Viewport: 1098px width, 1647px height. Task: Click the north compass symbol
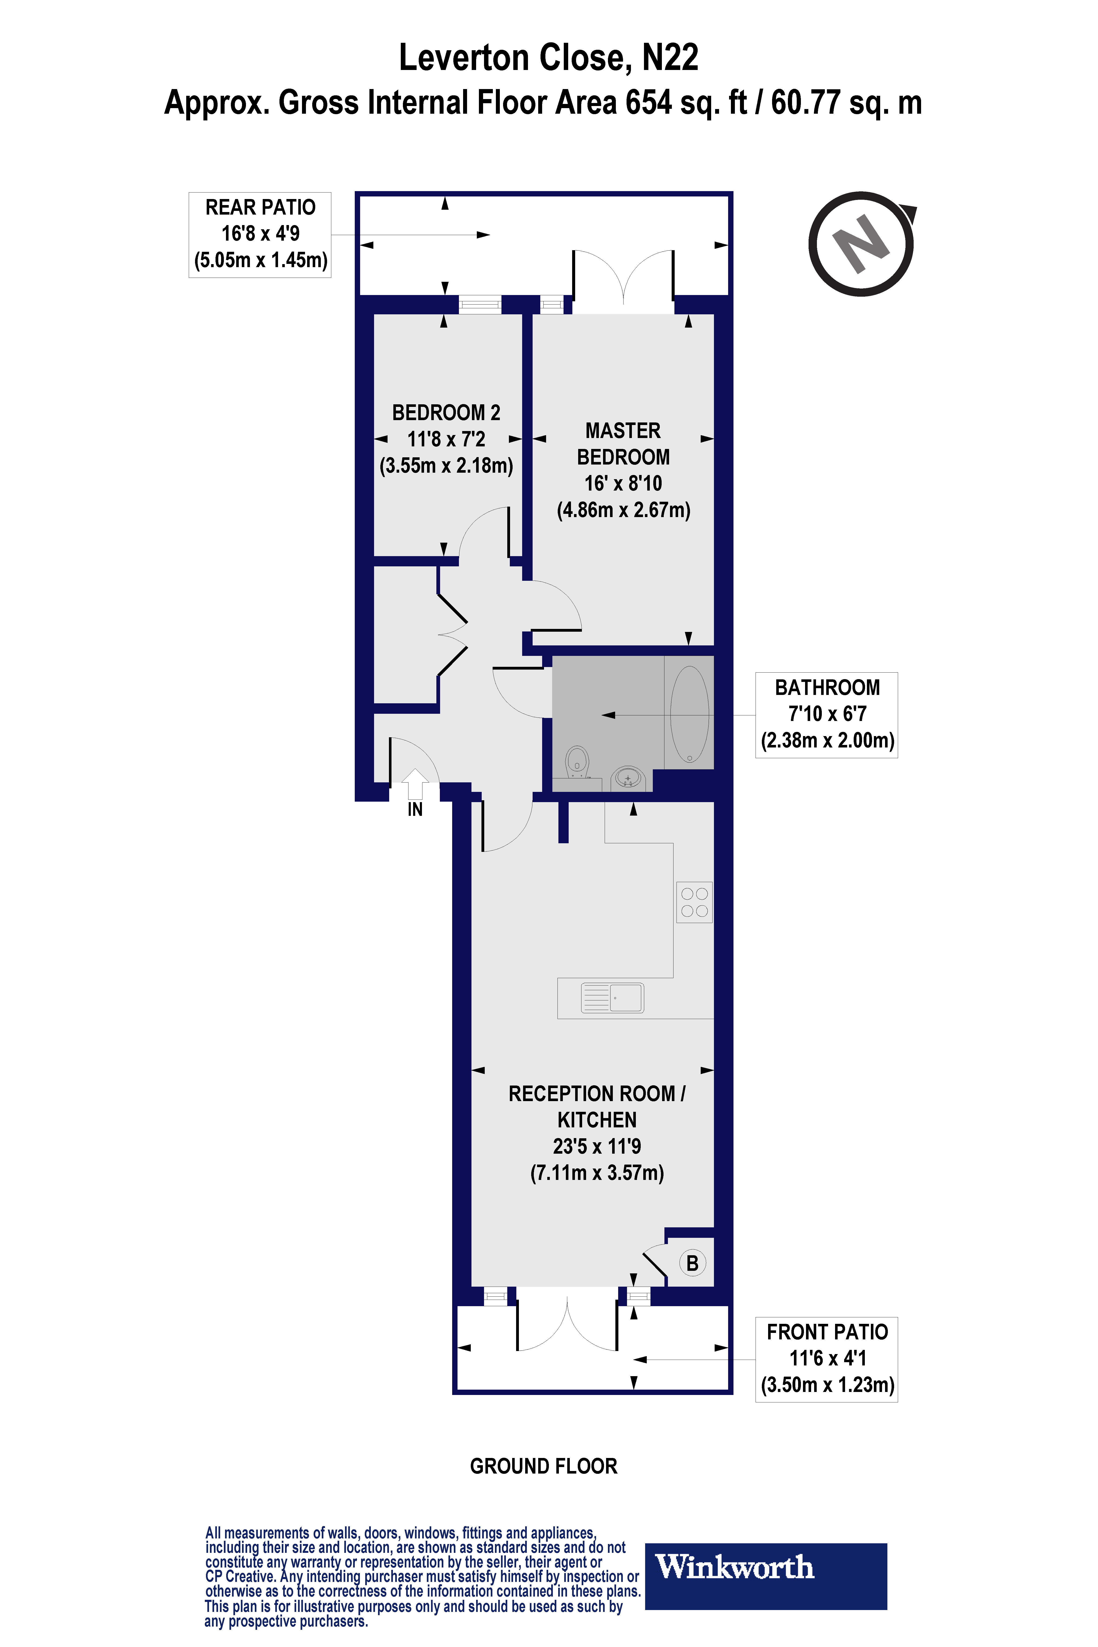pos(861,244)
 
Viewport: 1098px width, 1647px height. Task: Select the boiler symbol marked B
pos(692,1263)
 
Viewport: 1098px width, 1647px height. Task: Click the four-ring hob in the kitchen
pos(694,902)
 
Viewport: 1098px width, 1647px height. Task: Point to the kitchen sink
pos(612,998)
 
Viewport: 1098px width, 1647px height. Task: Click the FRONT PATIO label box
pos(826,1359)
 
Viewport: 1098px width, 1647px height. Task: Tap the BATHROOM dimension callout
pos(826,714)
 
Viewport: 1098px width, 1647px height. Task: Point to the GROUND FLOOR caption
pos(543,1466)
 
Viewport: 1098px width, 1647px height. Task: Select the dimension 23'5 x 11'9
pos(597,1146)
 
